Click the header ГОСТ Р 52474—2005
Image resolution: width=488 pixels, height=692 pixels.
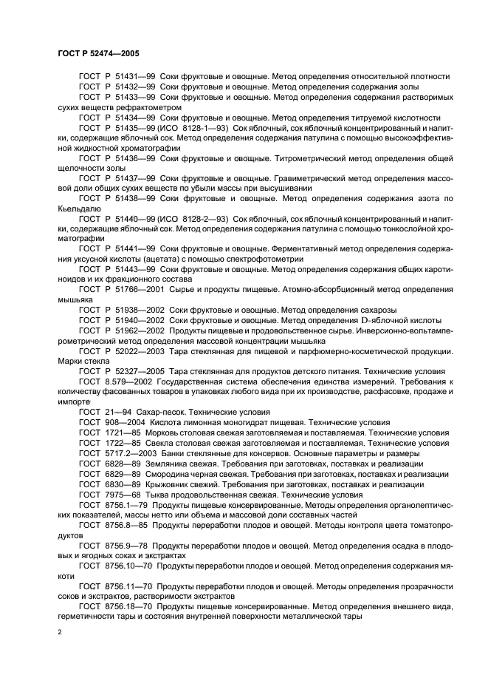tap(98, 54)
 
